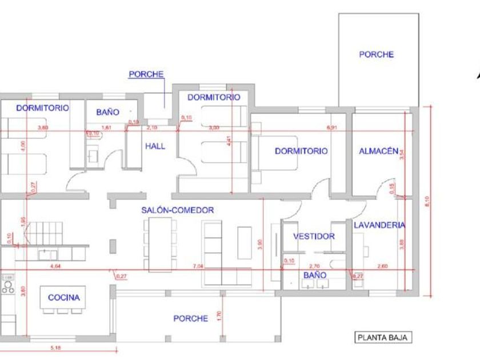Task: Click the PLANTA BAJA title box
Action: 383,338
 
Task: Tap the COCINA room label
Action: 63,298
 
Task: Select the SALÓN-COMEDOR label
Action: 178,210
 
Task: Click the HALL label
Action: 155,146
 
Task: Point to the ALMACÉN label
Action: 378,151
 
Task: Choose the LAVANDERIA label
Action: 379,225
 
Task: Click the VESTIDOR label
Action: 314,236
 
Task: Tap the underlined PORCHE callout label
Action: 146,74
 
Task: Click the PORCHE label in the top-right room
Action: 377,55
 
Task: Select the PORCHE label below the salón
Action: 190,319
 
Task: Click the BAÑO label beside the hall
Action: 107,113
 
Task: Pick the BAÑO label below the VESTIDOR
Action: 315,275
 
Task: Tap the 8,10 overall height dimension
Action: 428,201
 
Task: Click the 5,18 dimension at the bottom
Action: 55,347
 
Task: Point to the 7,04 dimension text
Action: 198,266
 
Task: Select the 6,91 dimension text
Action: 331,128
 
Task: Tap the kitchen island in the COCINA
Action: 64,299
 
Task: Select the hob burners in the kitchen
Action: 8,284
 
